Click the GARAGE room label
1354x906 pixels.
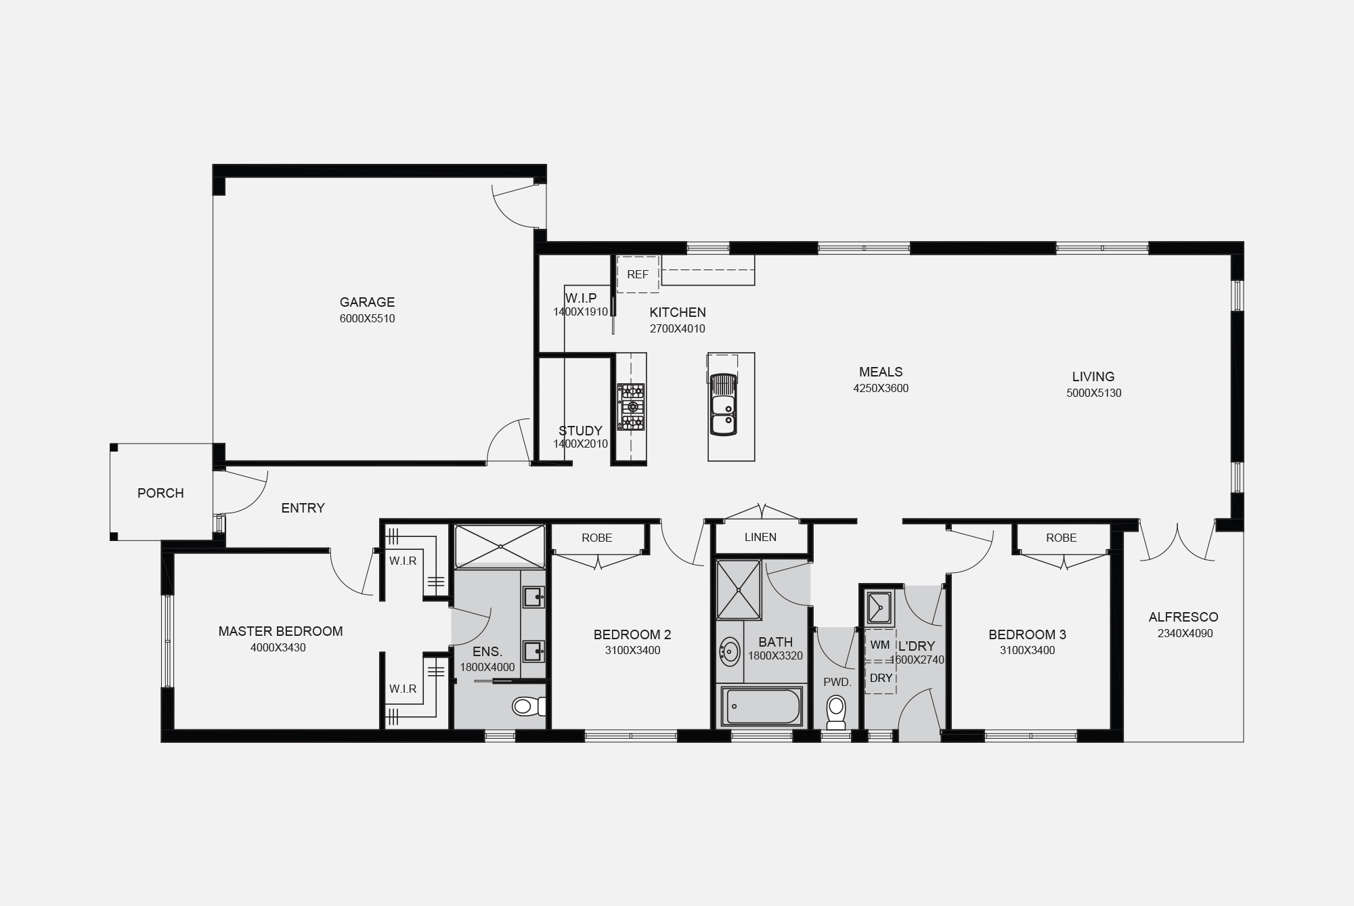pos(367,302)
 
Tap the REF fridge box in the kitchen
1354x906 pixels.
pos(638,274)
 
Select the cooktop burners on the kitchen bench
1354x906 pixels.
pos(631,407)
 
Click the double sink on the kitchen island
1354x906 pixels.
pos(723,404)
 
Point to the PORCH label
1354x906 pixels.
pos(160,493)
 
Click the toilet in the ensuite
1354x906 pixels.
pos(529,707)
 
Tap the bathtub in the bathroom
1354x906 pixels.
pos(762,706)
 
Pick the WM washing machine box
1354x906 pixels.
pos(880,645)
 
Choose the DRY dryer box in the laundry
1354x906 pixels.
pos(881,678)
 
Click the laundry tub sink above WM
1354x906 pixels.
pos(880,607)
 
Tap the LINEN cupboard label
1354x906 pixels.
pos(760,537)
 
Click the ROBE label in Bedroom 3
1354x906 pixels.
pos(1061,538)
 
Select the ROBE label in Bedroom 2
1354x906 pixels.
pos(596,538)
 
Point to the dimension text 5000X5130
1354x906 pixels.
pos(1093,393)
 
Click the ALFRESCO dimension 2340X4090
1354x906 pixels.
pos(1185,633)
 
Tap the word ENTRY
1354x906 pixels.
pos(303,508)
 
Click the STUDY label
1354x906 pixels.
pos(580,431)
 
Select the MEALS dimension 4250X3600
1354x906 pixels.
pos(881,388)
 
